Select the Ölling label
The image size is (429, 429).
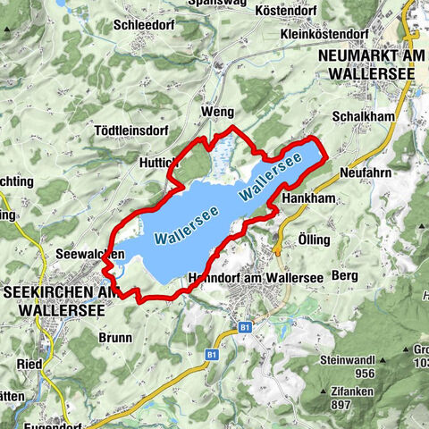[x=315, y=240]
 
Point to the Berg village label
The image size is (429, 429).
[x=344, y=276]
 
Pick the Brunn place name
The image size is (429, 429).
[x=116, y=339]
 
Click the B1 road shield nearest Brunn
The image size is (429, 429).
[x=212, y=355]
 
